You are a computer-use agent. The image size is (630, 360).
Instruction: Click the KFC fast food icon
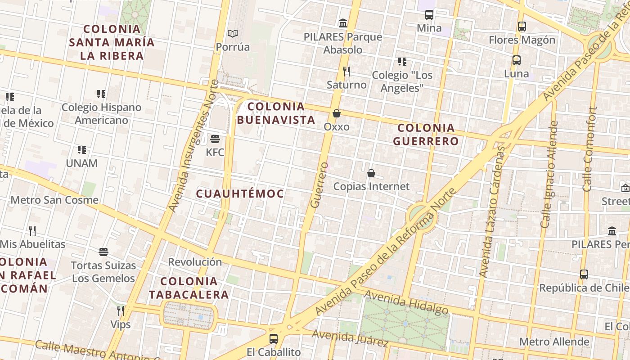(x=215, y=139)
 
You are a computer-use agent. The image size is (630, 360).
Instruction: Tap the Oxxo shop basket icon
(x=336, y=113)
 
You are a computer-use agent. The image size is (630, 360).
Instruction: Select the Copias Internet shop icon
(x=371, y=173)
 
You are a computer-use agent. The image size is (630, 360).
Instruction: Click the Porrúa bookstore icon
(x=232, y=34)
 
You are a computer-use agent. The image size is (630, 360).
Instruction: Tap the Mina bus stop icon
(x=429, y=15)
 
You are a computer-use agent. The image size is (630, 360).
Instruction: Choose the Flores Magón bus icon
(x=522, y=27)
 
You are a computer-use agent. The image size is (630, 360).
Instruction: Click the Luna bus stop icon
(x=517, y=60)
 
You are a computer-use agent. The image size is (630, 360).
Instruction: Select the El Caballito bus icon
(x=274, y=339)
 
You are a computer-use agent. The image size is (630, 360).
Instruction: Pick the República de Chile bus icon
(x=584, y=274)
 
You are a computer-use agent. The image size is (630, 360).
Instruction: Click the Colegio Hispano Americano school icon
(x=101, y=94)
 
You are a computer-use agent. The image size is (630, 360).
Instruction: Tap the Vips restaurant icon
(x=121, y=311)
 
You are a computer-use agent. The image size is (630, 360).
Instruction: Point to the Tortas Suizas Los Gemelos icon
(x=103, y=252)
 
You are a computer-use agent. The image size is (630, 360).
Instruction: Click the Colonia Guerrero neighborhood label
(x=426, y=135)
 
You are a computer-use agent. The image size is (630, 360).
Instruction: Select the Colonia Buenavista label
(x=276, y=113)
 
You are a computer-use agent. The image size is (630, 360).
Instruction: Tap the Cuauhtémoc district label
(x=240, y=194)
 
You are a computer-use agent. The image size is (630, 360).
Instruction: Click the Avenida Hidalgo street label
(x=406, y=302)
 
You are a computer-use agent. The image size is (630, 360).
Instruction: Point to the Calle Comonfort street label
(x=590, y=149)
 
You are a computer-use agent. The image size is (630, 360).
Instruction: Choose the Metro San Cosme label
(x=54, y=200)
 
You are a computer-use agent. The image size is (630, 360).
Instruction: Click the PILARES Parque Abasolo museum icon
(x=343, y=23)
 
